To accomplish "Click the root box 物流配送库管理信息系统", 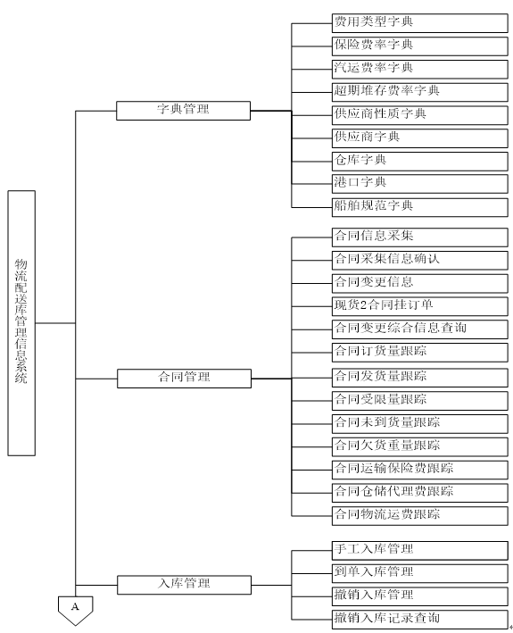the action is point(21,323).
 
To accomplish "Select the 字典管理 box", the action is point(183,111).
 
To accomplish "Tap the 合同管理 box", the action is point(184,379).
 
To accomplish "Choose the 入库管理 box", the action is point(184,585).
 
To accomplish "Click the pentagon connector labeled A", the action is point(76,610).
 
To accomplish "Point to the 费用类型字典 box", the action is point(420,23).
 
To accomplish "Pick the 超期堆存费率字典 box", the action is point(420,93).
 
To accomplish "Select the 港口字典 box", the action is point(420,184).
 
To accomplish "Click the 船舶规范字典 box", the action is point(420,207).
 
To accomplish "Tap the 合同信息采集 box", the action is point(420,237).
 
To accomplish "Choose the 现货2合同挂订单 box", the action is point(420,306).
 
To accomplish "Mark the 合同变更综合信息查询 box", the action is point(420,329).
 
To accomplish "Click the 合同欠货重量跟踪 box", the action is point(420,447).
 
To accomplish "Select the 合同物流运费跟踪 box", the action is point(420,516).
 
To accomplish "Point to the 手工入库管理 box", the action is point(420,551).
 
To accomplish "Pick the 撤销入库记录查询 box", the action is point(420,620).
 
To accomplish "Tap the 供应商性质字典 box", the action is point(420,115).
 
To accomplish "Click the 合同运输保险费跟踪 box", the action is point(420,470).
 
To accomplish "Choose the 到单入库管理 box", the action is point(420,574).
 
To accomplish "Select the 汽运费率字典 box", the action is point(420,70).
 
